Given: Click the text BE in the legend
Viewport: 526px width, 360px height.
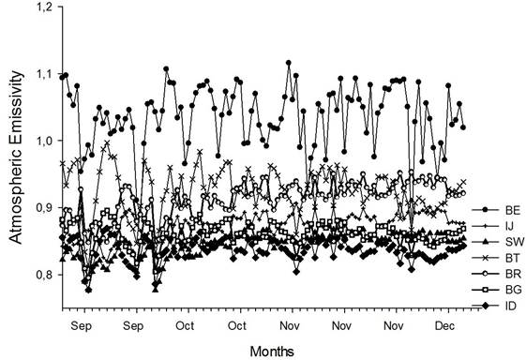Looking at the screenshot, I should [x=503, y=209].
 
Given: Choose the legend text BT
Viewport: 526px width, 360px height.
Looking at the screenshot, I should [x=503, y=257].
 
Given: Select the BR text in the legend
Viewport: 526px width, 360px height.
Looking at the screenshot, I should [x=503, y=273].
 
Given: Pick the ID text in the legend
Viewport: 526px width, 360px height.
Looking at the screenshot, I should [x=501, y=305].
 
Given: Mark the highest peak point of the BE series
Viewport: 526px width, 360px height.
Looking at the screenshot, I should [x=289, y=63].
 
